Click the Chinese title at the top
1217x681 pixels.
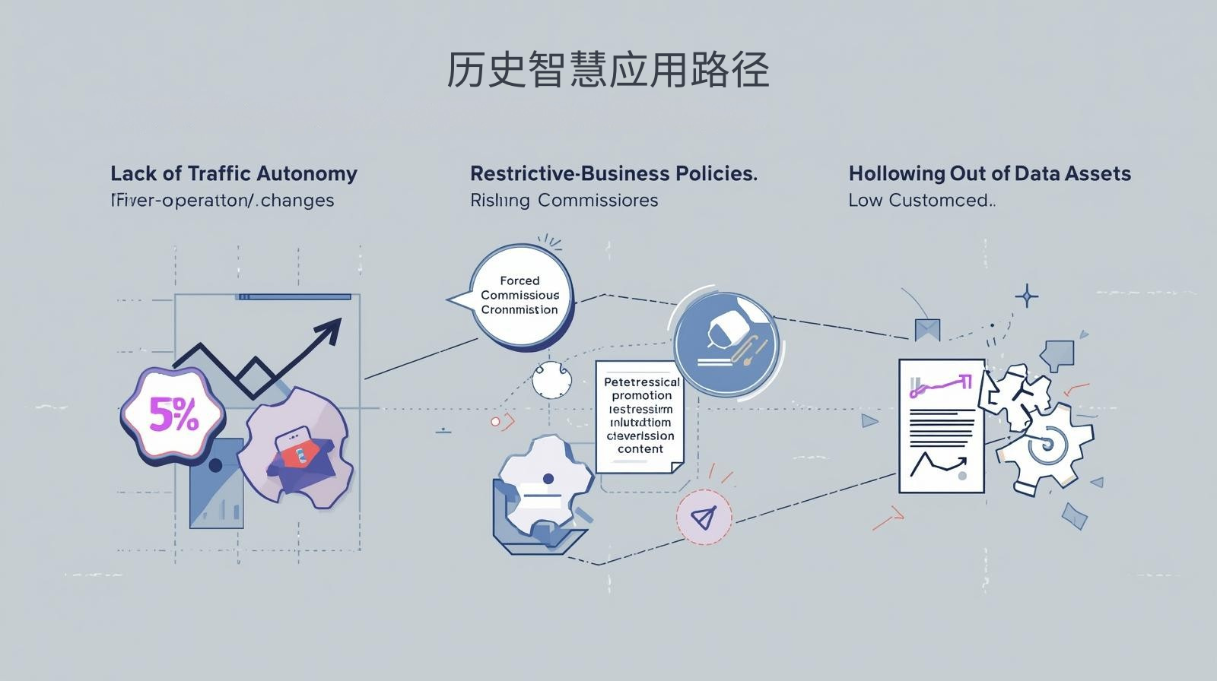607,70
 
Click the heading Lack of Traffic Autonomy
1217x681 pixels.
234,173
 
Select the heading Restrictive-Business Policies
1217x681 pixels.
613,173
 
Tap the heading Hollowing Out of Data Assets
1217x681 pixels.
990,173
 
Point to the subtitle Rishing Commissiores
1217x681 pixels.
564,201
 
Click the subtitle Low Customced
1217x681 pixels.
921,201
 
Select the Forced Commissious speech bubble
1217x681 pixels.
520,295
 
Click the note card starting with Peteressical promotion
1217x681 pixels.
640,415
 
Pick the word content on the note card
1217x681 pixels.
640,449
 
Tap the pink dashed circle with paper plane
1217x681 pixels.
704,518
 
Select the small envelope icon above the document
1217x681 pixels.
927,329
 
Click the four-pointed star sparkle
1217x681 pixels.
1027,296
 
